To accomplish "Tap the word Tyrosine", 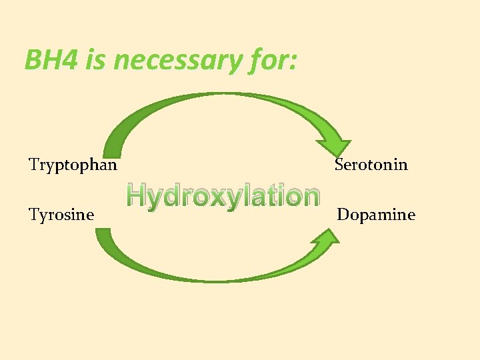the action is coord(61,215).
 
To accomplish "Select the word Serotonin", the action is coord(371,164).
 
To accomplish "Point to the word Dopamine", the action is coord(376,215).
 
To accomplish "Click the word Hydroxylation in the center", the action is coord(223,196).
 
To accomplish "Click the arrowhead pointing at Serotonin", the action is coord(334,148).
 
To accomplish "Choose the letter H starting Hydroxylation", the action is coord(137,195).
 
